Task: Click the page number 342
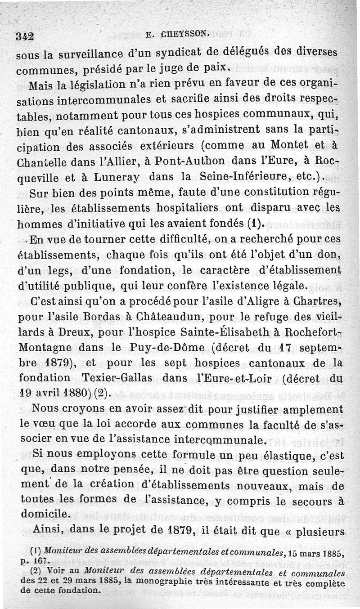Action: point(25,37)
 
